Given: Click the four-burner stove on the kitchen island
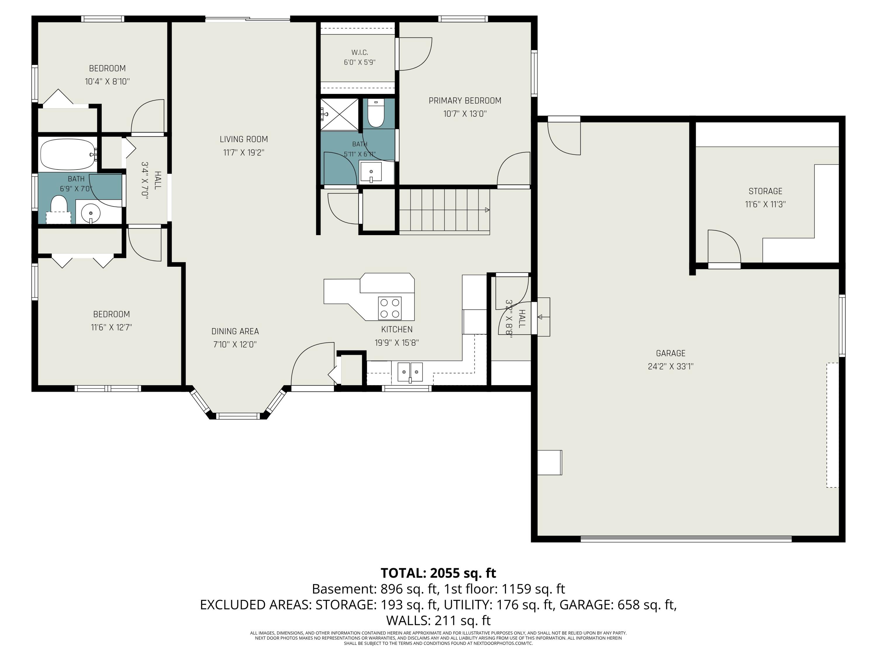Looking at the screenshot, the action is [x=390, y=308].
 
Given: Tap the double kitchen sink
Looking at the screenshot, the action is [x=410, y=372].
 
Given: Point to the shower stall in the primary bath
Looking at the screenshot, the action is [x=339, y=114].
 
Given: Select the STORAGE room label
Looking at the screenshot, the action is [x=765, y=191].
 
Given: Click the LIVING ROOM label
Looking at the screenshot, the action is [x=244, y=139].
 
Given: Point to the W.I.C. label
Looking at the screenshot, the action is [x=360, y=52].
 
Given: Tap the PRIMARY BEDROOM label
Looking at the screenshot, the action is [x=465, y=101].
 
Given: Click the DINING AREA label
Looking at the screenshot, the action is [x=235, y=331].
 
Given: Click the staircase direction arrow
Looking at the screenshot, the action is [x=487, y=210].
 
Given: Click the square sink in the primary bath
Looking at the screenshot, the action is [x=371, y=172].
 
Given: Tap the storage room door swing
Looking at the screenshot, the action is [x=724, y=246].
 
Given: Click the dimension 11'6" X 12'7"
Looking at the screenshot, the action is [x=111, y=328].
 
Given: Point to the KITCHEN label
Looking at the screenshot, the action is [x=397, y=329].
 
